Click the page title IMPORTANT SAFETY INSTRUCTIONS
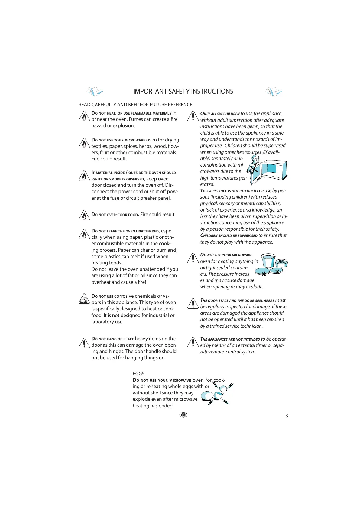[x=183, y=92]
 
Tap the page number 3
[x=287, y=416]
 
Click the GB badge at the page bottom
[x=183, y=415]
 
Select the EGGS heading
[x=138, y=374]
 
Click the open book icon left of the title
[x=94, y=91]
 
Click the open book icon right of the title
[x=273, y=91]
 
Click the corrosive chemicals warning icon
[x=84, y=299]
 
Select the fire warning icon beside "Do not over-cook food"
[x=84, y=215]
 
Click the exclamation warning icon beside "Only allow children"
[x=193, y=116]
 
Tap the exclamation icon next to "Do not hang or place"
[x=84, y=343]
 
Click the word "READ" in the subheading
[x=84, y=105]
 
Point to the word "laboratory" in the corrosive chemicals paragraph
[x=103, y=322]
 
